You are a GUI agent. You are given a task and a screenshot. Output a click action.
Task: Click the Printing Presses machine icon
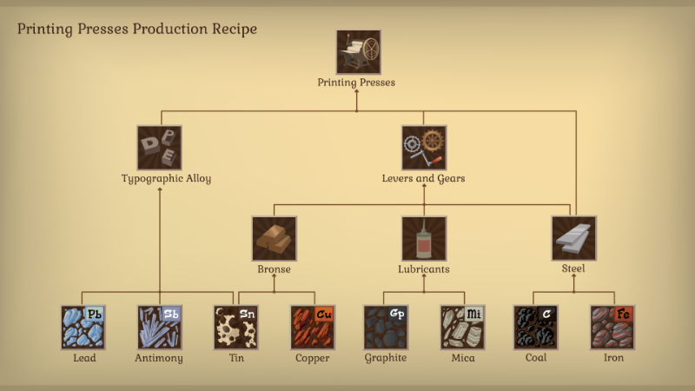(358, 52)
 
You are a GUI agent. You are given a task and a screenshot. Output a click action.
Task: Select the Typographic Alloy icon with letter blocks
(159, 148)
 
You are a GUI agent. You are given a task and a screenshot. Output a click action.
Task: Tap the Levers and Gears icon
(424, 148)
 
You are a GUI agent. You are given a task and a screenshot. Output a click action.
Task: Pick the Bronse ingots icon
(274, 238)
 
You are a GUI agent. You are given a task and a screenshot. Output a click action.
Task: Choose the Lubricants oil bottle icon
(424, 238)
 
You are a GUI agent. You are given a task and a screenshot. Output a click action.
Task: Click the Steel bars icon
(573, 238)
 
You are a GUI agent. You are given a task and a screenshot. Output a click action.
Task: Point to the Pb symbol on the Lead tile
(94, 314)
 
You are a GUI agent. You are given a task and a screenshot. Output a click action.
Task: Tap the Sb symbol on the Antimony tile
(170, 314)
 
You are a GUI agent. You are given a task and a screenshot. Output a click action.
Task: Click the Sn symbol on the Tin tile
(247, 314)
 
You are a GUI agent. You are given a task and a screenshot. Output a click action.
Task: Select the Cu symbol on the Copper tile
(323, 314)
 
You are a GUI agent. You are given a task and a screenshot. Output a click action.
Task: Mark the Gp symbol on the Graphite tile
(397, 314)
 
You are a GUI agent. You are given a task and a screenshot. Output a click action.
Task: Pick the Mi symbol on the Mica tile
(473, 314)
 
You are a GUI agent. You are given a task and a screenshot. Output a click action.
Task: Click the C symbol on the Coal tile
(546, 314)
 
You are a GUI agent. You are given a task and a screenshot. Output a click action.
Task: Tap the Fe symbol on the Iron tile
(623, 314)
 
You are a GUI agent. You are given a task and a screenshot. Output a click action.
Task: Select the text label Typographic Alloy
(166, 178)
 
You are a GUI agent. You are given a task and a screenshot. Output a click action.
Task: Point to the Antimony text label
(159, 358)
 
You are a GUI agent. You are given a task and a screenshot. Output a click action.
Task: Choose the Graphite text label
(386, 358)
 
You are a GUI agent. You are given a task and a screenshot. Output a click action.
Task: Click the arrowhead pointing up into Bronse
(274, 276)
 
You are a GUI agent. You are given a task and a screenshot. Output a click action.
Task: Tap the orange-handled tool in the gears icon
(434, 161)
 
